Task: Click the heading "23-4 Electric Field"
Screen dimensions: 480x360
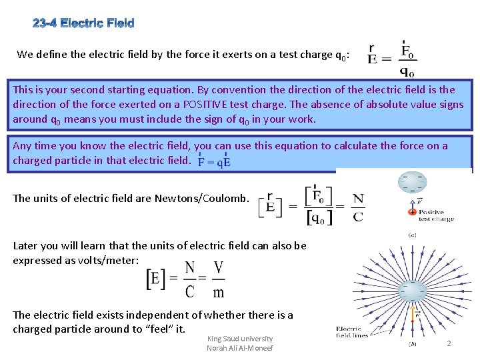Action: click(83, 24)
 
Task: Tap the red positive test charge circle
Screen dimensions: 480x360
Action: click(413, 211)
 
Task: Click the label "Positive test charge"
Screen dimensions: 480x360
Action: click(436, 215)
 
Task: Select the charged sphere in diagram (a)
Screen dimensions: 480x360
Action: click(413, 181)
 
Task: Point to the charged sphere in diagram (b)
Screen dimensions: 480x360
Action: click(413, 290)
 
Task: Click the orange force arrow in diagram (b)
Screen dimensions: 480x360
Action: click(413, 313)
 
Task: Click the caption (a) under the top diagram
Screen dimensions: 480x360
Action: click(413, 235)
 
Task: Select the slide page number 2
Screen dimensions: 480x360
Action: click(449, 343)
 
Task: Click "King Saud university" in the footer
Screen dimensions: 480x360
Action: click(240, 339)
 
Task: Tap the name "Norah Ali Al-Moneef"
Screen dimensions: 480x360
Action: click(240, 348)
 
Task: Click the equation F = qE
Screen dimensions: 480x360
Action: click(215, 161)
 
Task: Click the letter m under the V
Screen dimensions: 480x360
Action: click(218, 292)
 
